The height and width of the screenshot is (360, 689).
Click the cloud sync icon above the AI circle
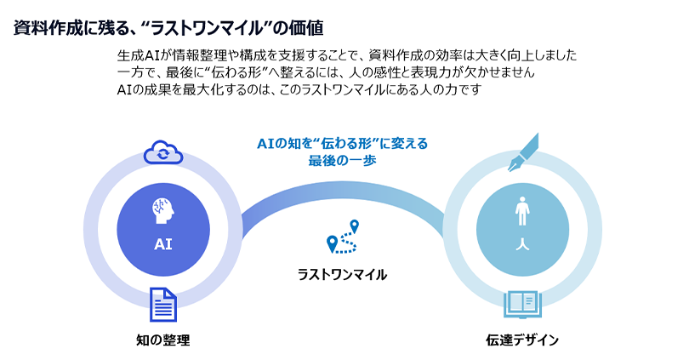tap(162, 152)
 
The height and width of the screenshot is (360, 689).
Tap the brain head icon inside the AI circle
tap(162, 207)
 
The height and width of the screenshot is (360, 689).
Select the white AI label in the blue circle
tap(162, 243)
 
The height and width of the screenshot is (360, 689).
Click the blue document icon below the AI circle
tap(162, 304)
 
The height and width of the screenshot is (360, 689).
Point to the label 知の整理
tap(162, 340)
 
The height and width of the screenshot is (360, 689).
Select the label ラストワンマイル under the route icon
tap(342, 274)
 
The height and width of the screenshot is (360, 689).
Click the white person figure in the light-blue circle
tap(521, 210)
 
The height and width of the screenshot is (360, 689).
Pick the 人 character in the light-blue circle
tap(521, 244)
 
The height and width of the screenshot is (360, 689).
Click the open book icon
tap(520, 302)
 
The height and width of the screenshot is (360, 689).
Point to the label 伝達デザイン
tap(521, 340)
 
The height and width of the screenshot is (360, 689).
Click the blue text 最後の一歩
tap(343, 159)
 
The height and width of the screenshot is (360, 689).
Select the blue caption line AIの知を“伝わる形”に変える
tap(343, 143)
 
